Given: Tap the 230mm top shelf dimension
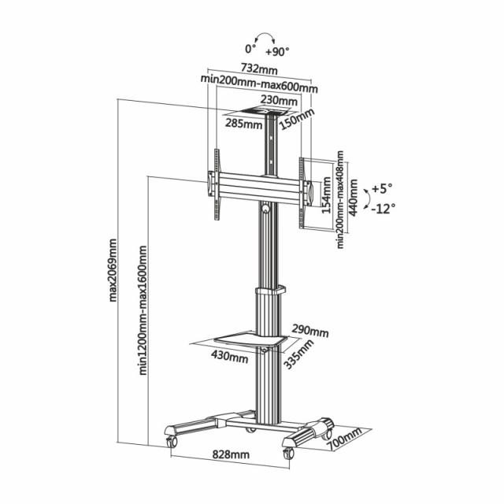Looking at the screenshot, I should click(280, 101).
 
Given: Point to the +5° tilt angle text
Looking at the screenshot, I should click(383, 189).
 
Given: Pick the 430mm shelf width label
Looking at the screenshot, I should click(229, 356).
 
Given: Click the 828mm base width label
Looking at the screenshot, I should click(231, 455).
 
